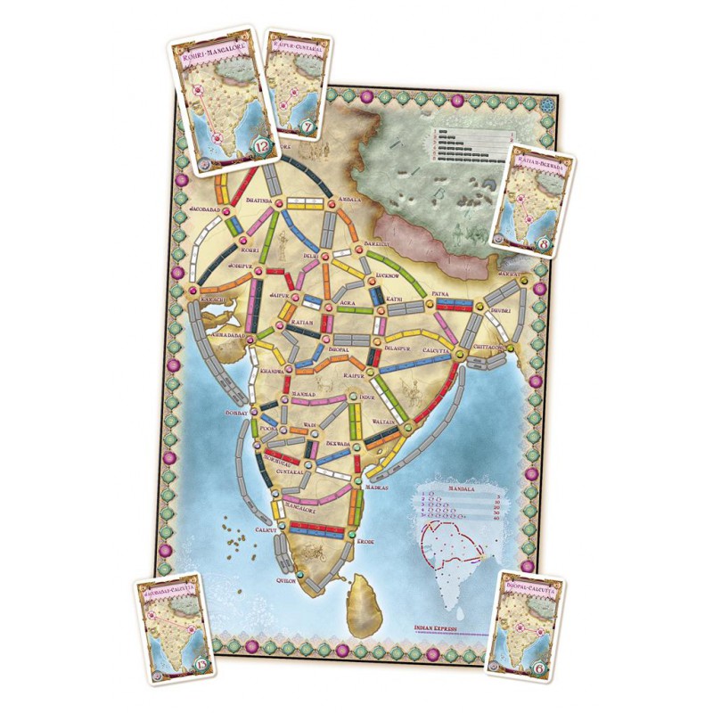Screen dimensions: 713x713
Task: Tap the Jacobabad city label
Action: (205, 211)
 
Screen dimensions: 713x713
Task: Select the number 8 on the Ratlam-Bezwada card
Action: (545, 240)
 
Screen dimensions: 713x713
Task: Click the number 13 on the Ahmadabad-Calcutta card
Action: (185, 661)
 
